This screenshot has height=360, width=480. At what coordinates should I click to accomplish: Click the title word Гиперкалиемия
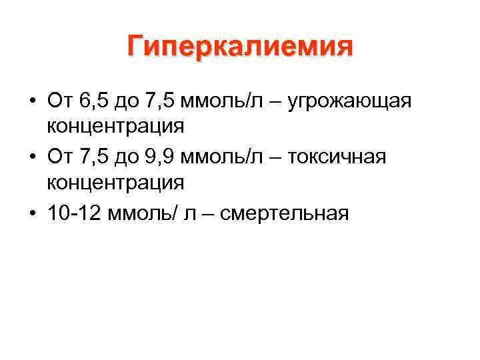[240, 47]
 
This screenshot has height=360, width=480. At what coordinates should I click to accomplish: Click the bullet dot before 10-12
[32, 214]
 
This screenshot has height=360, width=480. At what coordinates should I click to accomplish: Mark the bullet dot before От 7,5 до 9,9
[32, 158]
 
